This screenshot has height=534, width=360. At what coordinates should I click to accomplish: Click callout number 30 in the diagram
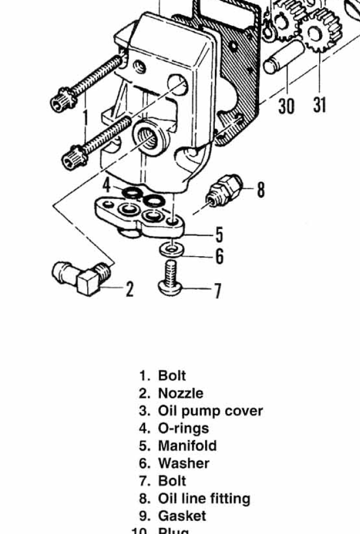(286, 105)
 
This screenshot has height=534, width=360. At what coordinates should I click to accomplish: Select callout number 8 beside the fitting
(261, 190)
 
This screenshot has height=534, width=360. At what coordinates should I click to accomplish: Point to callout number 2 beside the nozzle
(129, 289)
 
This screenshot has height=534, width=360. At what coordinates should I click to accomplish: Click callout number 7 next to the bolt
(217, 291)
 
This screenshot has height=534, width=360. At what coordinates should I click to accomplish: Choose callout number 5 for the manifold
(219, 235)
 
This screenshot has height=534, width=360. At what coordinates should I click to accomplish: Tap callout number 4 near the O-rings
(107, 185)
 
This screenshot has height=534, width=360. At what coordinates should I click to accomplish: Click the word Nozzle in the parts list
(181, 393)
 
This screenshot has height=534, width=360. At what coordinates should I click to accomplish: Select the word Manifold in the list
(187, 446)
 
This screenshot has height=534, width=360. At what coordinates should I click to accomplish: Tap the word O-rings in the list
(183, 428)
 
